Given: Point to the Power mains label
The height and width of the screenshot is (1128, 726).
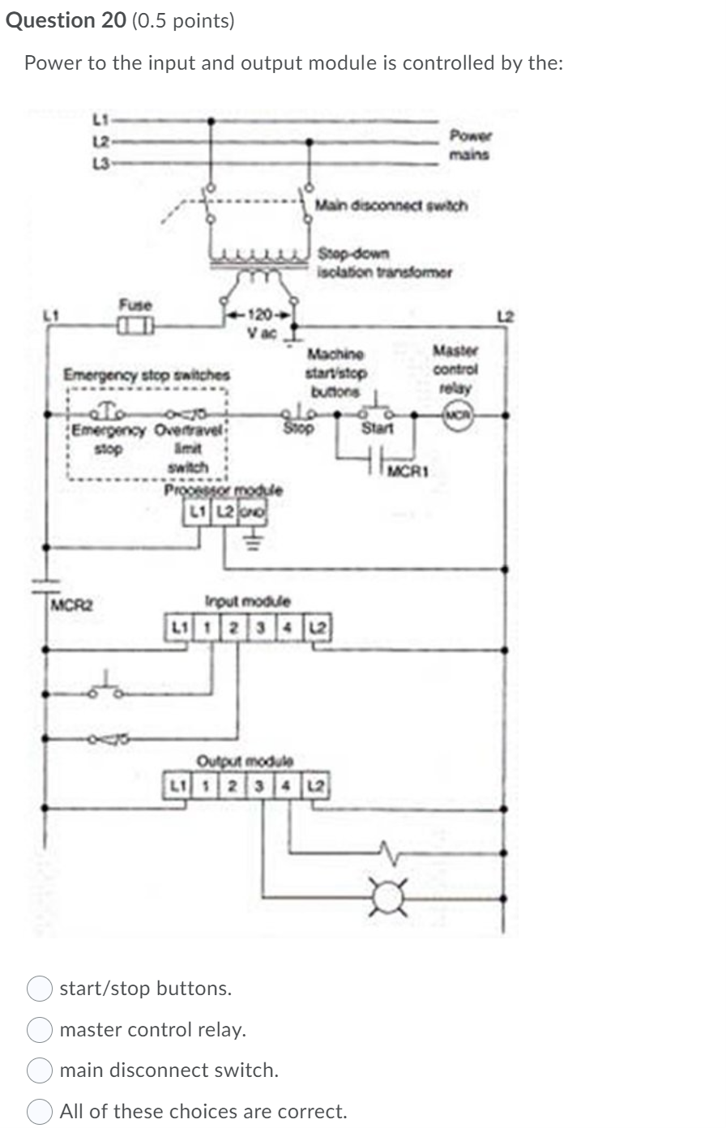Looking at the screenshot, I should pos(471,144).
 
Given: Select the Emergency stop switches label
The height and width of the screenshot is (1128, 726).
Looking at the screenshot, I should pos(147,375).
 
